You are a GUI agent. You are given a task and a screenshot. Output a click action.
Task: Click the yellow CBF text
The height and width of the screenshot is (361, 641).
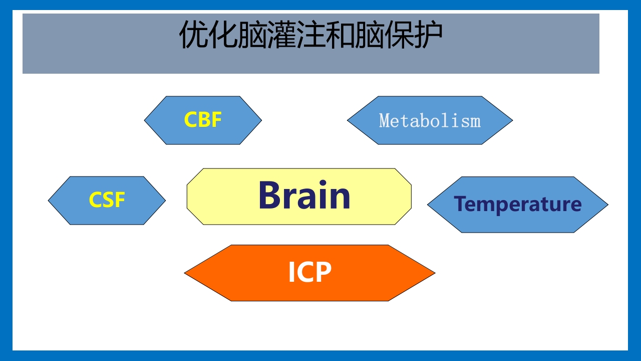[203, 120]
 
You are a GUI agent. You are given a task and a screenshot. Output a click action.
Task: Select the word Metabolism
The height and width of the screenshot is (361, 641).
[430, 121]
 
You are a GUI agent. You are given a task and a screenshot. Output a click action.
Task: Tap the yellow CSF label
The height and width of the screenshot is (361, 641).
[107, 200]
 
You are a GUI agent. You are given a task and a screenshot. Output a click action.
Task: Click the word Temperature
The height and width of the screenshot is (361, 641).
[517, 205]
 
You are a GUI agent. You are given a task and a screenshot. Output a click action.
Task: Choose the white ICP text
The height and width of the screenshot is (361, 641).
[309, 273]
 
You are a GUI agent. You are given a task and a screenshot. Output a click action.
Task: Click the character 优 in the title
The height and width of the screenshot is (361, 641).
[194, 35]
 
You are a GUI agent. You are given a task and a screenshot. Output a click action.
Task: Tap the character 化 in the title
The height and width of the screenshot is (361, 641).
[223, 35]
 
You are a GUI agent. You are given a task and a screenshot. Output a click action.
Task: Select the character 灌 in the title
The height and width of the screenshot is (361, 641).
[281, 35]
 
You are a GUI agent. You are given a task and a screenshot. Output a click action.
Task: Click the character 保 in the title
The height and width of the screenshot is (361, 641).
[399, 35]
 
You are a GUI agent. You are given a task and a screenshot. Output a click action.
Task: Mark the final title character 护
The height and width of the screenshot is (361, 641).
[429, 35]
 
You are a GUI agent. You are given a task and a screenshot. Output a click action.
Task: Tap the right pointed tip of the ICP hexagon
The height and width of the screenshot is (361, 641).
[434, 273]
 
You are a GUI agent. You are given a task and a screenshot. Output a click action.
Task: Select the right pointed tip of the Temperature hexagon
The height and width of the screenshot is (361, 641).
[606, 205]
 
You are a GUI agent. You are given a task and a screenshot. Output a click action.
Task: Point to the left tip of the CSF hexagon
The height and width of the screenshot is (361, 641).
[50, 201]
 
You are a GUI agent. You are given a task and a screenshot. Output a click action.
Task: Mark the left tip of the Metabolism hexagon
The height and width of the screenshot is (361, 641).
[349, 120]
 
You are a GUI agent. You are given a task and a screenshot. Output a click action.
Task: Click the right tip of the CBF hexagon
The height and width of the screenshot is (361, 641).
[260, 120]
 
